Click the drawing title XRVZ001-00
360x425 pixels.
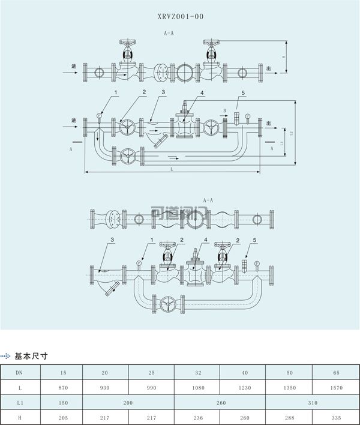click(180, 17)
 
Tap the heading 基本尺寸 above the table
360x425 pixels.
click(31, 357)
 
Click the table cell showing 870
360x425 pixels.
click(64, 388)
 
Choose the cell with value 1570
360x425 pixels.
click(336, 388)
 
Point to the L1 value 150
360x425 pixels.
click(64, 403)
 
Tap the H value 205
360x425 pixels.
click(64, 418)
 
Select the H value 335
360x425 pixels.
click(336, 418)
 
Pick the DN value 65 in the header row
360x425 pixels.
click(336, 373)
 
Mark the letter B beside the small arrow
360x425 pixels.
click(224, 110)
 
